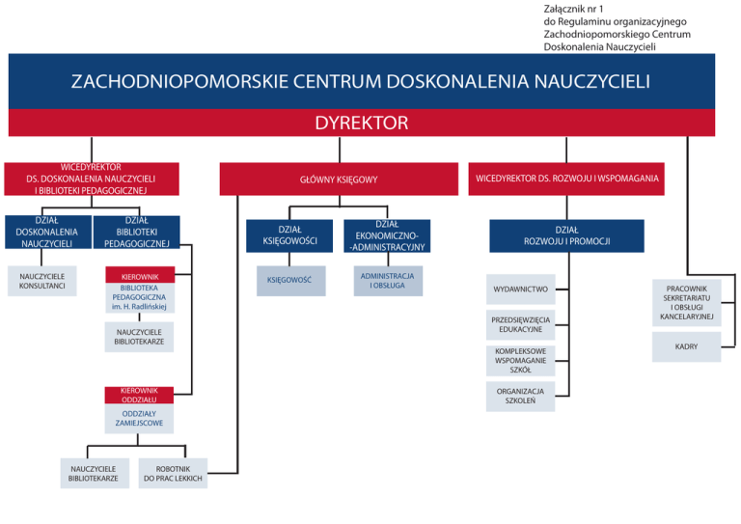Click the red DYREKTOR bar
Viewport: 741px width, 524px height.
click(362, 124)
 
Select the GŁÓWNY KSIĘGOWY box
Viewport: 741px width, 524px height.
click(338, 179)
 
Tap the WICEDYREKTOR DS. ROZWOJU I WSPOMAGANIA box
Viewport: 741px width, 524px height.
click(567, 179)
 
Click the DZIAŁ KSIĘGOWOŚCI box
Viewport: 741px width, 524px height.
click(290, 235)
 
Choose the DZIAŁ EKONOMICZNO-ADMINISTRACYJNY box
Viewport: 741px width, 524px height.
click(386, 235)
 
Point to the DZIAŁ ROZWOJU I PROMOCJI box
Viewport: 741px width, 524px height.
click(566, 235)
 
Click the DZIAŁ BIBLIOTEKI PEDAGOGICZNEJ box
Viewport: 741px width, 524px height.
click(137, 233)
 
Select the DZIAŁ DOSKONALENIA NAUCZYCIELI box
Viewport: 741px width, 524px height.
click(46, 233)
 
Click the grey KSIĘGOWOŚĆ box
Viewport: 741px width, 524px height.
click(290, 281)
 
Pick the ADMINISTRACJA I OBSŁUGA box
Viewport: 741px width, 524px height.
click(386, 280)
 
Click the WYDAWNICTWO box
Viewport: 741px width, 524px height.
click(520, 289)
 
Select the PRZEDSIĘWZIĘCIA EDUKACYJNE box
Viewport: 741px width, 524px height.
click(520, 324)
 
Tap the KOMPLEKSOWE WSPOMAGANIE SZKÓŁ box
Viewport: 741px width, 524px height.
click(520, 360)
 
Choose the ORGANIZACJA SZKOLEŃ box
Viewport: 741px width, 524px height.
click(520, 397)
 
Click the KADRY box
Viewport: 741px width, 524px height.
click(686, 346)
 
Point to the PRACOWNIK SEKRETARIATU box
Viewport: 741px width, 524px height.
click(686, 302)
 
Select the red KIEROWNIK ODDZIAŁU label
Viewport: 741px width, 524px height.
click(139, 395)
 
